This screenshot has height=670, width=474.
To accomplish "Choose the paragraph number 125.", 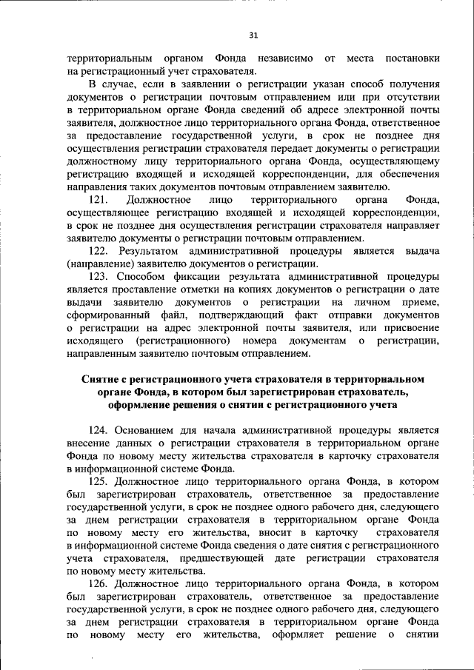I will click(x=99, y=483).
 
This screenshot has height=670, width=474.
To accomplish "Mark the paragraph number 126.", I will click(x=99, y=585).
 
